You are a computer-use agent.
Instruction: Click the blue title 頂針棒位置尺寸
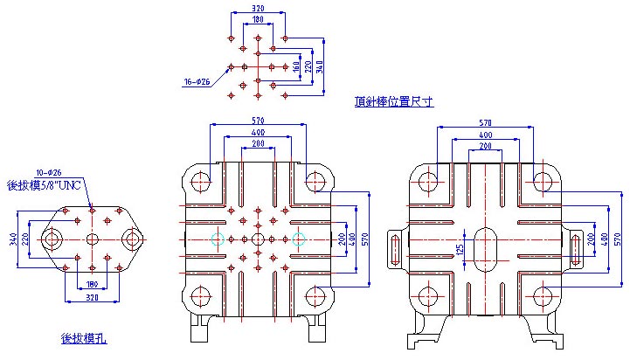(x=394, y=101)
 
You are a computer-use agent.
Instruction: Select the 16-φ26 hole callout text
(x=197, y=82)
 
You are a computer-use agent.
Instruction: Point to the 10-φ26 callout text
(x=50, y=172)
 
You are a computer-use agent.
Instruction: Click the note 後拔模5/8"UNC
(x=43, y=184)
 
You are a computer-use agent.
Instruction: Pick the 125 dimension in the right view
(x=461, y=251)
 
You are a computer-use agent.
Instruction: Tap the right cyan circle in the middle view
(x=299, y=239)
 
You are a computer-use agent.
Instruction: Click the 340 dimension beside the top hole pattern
(x=320, y=66)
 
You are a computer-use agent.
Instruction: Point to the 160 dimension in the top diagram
(x=297, y=66)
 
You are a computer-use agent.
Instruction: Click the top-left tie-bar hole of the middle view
(x=200, y=182)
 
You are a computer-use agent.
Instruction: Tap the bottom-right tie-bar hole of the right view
(x=543, y=294)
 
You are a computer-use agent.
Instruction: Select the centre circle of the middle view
(x=258, y=239)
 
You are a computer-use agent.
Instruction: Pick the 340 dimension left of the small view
(x=12, y=239)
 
